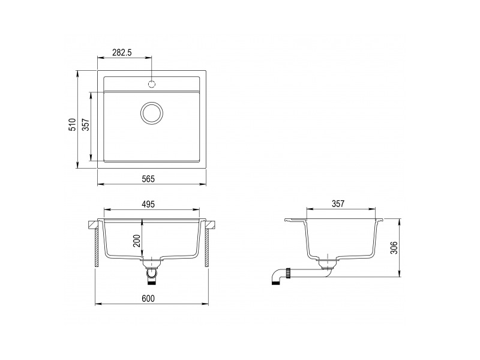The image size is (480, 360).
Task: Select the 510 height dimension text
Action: tap(71, 125)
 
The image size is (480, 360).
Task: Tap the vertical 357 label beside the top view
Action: tap(86, 125)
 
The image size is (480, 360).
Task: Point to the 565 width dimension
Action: tap(148, 178)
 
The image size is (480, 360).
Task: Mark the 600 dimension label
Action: tap(148, 298)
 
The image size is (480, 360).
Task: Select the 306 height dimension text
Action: tap(394, 248)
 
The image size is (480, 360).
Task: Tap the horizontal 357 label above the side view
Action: tap(337, 205)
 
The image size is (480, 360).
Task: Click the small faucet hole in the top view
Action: tap(152, 83)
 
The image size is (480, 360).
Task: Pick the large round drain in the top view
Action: tap(152, 112)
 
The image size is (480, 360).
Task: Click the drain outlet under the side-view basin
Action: tap(327, 263)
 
